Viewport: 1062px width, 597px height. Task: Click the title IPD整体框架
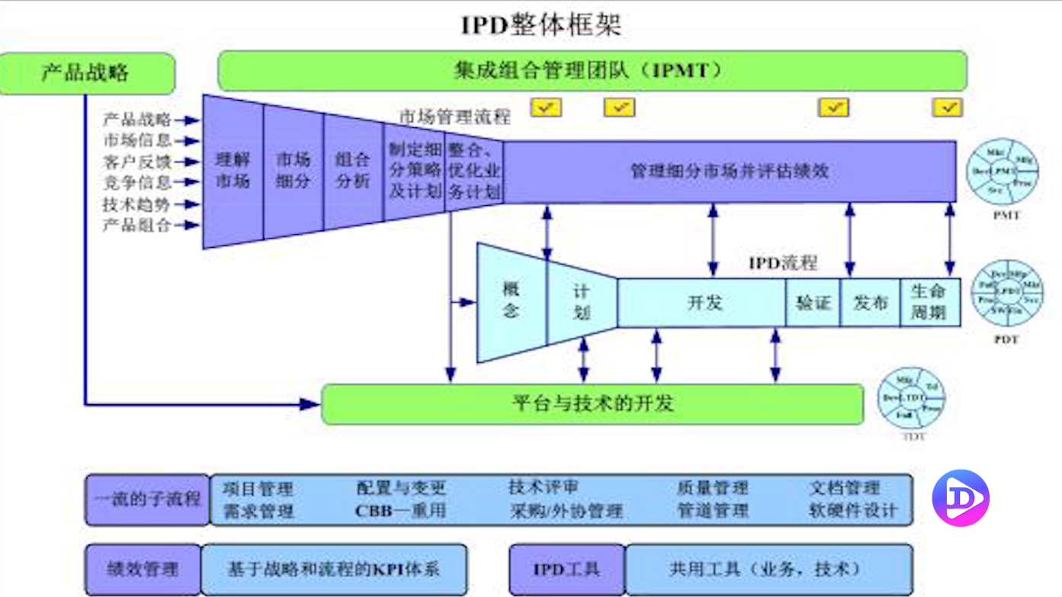[x=541, y=24]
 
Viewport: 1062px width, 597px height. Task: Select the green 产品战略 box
[x=86, y=73]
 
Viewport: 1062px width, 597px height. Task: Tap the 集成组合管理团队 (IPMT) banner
[x=592, y=71]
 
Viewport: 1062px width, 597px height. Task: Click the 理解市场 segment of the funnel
[x=233, y=171]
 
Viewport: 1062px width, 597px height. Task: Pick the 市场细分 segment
[x=293, y=171]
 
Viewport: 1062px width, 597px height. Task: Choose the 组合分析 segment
[x=353, y=171]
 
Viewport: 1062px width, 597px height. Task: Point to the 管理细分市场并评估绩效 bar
[x=729, y=171]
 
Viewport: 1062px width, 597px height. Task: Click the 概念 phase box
[x=512, y=300]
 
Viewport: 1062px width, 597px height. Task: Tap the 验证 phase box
[x=813, y=303]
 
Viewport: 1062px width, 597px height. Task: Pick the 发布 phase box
[x=870, y=303]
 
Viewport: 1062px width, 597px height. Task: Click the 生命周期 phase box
[x=929, y=302]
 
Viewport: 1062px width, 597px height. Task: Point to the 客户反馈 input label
[x=137, y=162]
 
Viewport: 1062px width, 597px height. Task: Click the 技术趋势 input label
[x=137, y=204]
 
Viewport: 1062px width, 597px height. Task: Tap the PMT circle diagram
[x=1004, y=172]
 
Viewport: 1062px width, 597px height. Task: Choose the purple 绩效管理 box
[x=143, y=569]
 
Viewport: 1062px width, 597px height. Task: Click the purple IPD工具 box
[x=566, y=569]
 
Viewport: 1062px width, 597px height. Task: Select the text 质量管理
[x=713, y=487]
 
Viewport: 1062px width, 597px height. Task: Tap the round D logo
[x=961, y=498]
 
